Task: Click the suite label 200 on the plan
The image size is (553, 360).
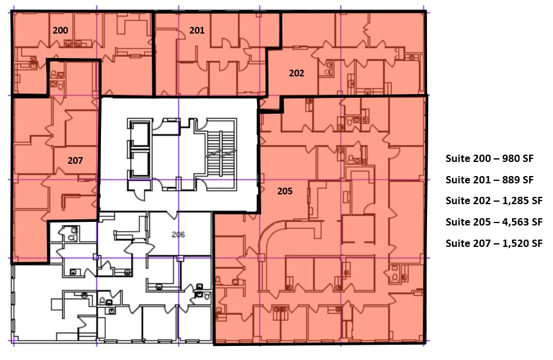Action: coord(60,30)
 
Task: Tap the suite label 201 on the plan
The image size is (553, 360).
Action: coord(196,30)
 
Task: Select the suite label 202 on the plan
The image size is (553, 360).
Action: coord(296,73)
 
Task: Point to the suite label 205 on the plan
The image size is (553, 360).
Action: coord(284,191)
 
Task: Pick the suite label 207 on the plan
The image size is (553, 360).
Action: coord(75,161)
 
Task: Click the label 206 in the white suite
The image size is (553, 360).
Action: coord(178,234)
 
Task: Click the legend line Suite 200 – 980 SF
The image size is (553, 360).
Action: coord(489,158)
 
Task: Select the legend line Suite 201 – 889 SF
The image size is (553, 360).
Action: coord(489,180)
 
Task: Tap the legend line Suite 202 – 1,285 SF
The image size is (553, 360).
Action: coord(494,200)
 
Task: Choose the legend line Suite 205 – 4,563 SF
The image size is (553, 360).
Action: coord(494,222)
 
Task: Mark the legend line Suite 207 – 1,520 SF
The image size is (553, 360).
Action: coord(494,243)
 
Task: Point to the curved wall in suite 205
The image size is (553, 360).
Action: coord(269,238)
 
